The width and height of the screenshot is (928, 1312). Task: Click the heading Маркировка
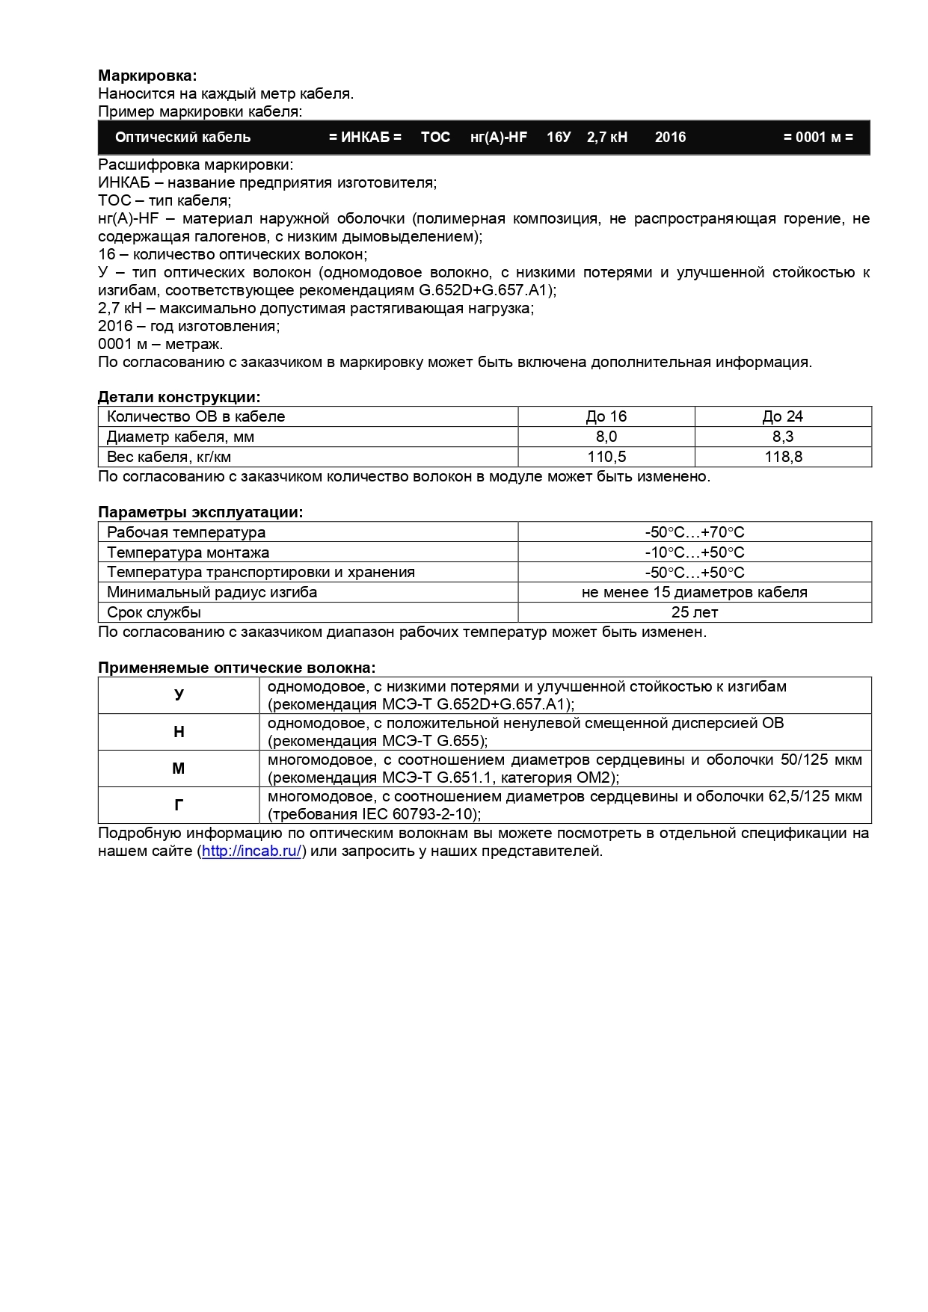pos(147,76)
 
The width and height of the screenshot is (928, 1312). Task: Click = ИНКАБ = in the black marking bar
pos(365,137)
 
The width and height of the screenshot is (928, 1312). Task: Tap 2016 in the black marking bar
pos(670,137)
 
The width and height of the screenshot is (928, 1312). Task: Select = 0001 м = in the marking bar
pos(818,137)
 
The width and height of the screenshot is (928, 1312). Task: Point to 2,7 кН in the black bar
pos(607,137)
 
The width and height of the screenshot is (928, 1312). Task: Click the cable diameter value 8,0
pos(606,437)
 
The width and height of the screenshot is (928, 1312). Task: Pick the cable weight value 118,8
pos(783,457)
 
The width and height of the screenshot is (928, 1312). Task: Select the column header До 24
pos(783,416)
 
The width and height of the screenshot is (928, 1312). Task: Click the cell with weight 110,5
pos(606,457)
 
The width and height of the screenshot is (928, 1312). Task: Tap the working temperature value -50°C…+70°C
pos(695,532)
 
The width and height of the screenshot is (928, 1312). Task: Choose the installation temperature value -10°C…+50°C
pos(695,552)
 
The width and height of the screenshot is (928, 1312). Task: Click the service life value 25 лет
pos(695,612)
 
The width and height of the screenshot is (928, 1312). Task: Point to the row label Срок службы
pos(154,612)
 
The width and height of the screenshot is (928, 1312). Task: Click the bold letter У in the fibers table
pos(179,695)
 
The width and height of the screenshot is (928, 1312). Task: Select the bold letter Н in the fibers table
pos(179,732)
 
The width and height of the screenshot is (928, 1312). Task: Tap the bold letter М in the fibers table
pos(179,769)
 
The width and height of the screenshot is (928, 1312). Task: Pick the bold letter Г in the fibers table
pos(179,805)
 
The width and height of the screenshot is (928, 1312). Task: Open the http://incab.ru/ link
pos(251,851)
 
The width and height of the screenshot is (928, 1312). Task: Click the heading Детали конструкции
pos(179,398)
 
